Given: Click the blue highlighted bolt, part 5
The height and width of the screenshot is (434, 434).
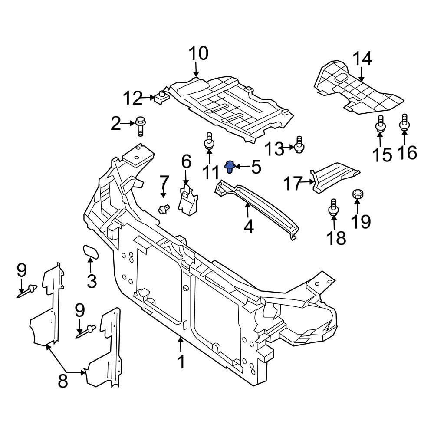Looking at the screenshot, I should (230, 166).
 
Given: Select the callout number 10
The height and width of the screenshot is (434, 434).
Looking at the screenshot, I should (198, 54).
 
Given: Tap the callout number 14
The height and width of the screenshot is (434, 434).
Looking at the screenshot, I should (362, 59).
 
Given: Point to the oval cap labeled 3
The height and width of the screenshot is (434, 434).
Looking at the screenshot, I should (90, 251).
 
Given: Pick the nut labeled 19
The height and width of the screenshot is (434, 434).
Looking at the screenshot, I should (358, 194).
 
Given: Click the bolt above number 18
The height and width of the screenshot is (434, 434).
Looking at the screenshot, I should (333, 207).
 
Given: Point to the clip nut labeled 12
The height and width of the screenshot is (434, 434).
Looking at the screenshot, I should (161, 97).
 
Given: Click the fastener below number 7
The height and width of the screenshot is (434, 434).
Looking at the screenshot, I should (164, 209).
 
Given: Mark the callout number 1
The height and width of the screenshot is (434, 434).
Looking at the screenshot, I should (181, 362).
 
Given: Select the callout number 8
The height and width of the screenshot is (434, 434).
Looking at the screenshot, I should (63, 381).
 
